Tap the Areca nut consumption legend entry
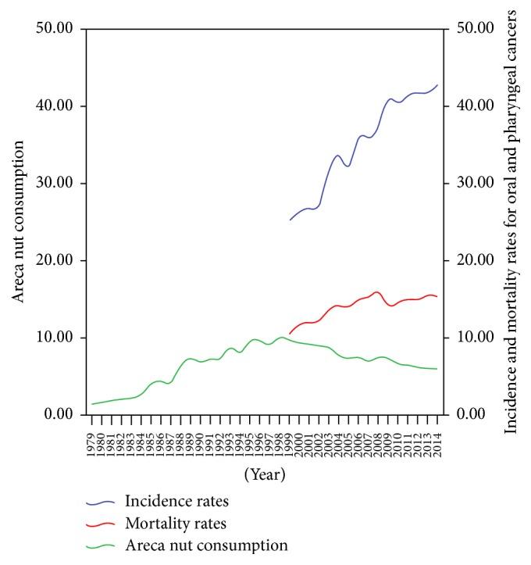click(205, 543)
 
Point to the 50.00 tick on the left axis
click(54, 29)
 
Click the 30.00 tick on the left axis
click(54, 183)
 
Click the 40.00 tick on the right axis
click(471, 105)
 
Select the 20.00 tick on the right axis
click(471, 260)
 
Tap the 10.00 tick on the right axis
click(471, 338)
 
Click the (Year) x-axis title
click(265, 474)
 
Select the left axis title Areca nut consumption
click(18, 221)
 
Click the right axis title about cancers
click(513, 221)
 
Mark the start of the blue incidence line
click(290, 220)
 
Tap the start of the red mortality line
click(290, 334)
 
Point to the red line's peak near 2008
click(377, 292)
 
